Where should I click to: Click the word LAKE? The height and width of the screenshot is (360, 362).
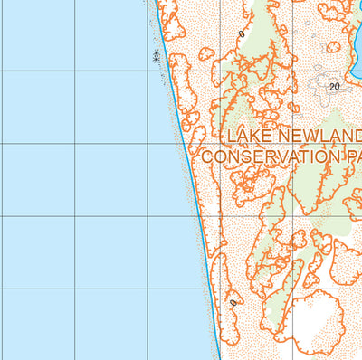(248, 137)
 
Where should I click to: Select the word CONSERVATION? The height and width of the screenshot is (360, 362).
(272, 156)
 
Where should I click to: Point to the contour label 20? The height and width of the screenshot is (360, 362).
(335, 87)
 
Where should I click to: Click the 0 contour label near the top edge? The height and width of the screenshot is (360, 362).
(242, 34)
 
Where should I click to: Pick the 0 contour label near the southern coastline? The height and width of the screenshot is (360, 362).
(233, 303)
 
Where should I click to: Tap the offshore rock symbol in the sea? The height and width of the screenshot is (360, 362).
(157, 56)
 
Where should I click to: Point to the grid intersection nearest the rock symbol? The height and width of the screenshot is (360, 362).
(148, 71)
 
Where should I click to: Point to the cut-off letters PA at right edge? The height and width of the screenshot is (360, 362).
(355, 156)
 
